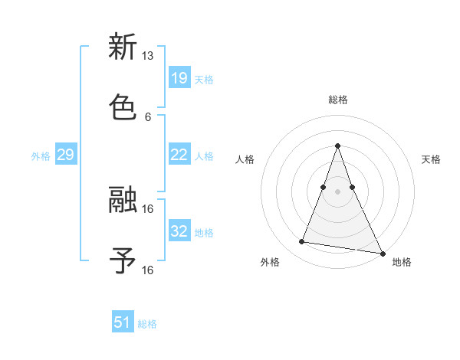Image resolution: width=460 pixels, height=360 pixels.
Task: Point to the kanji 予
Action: coord(123,261)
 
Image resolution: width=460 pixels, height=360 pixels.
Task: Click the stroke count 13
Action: coord(147,56)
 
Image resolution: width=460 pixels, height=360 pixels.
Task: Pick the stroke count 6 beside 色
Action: coord(147,117)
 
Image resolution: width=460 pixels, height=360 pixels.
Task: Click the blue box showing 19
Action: coord(179,77)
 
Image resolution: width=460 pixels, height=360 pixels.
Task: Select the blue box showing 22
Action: coord(179,155)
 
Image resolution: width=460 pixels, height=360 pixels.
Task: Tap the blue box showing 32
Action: coord(179,231)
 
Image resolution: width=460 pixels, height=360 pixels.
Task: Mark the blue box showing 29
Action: coord(65,155)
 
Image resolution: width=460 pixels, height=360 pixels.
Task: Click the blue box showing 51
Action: coord(123,322)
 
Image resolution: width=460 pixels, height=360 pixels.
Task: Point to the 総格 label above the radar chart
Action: coord(338,100)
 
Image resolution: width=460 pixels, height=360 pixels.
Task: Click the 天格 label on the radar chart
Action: coord(432,159)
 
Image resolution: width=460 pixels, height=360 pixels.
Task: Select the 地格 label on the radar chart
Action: coord(402,262)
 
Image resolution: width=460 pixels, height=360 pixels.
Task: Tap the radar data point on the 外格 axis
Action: coord(301,242)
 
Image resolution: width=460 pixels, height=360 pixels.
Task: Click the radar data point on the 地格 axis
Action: coord(381,253)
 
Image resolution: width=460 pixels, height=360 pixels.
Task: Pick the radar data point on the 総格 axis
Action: coord(338,146)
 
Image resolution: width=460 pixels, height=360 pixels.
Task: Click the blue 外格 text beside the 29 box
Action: coord(41,155)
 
